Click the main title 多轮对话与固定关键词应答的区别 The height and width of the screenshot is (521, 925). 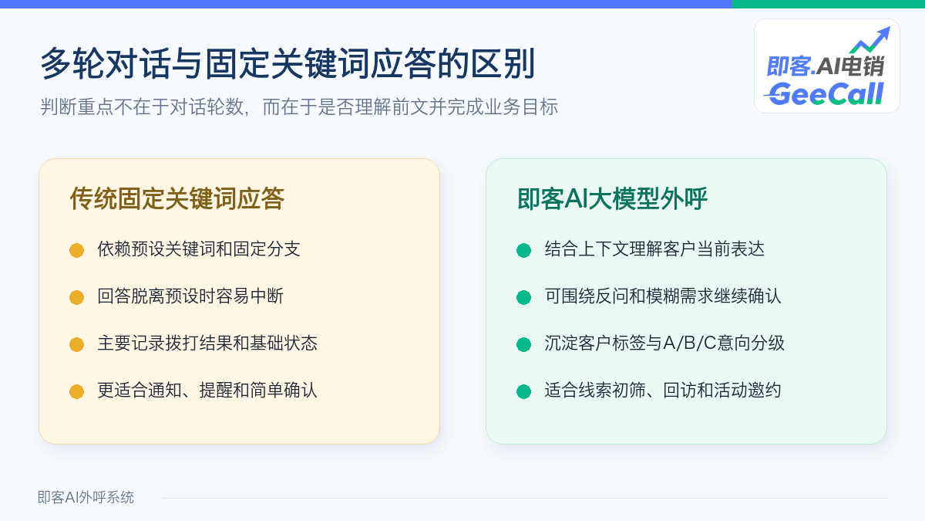tap(288, 63)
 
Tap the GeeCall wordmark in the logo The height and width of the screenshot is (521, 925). tap(824, 94)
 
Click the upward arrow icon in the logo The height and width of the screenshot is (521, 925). tap(870, 39)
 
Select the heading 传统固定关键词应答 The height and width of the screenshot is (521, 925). tap(177, 199)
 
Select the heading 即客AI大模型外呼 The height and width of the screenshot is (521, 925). tap(612, 199)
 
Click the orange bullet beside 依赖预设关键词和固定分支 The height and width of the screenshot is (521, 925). tap(77, 250)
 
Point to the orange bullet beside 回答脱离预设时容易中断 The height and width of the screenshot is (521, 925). tap(77, 297)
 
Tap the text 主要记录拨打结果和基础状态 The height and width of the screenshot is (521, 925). tap(207, 343)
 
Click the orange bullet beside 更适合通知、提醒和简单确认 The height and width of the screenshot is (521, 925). tap(77, 391)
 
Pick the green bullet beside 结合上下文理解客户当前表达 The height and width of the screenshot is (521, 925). tap(523, 250)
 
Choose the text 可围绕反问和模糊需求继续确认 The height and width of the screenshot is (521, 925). tap(663, 296)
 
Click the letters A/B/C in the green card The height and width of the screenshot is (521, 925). tap(690, 343)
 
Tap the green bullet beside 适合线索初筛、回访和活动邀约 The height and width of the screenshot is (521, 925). tap(523, 391)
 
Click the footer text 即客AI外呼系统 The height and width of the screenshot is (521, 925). tap(86, 497)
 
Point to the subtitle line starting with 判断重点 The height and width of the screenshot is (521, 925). tap(299, 107)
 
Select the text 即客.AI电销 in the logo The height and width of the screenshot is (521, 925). tap(826, 66)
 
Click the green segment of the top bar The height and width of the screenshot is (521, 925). tap(829, 4)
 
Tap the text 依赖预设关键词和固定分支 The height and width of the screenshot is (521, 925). tap(199, 249)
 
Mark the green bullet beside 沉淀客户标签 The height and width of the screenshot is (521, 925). tap(523, 344)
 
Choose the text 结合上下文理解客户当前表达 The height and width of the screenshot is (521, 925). tap(654, 249)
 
